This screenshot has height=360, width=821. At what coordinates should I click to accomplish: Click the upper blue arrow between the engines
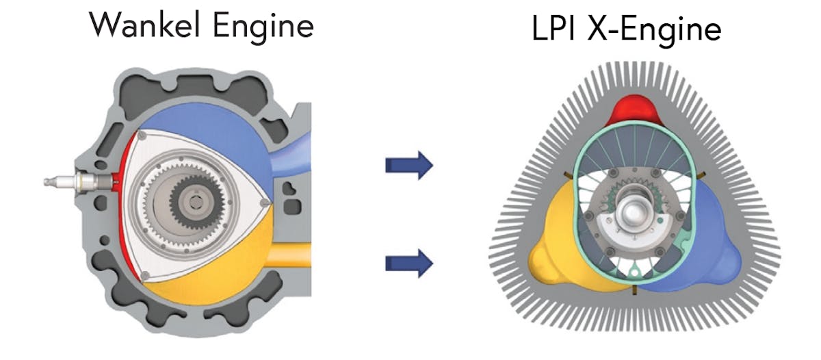click(409, 165)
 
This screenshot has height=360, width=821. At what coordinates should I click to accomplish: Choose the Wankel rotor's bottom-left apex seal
click(145, 276)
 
